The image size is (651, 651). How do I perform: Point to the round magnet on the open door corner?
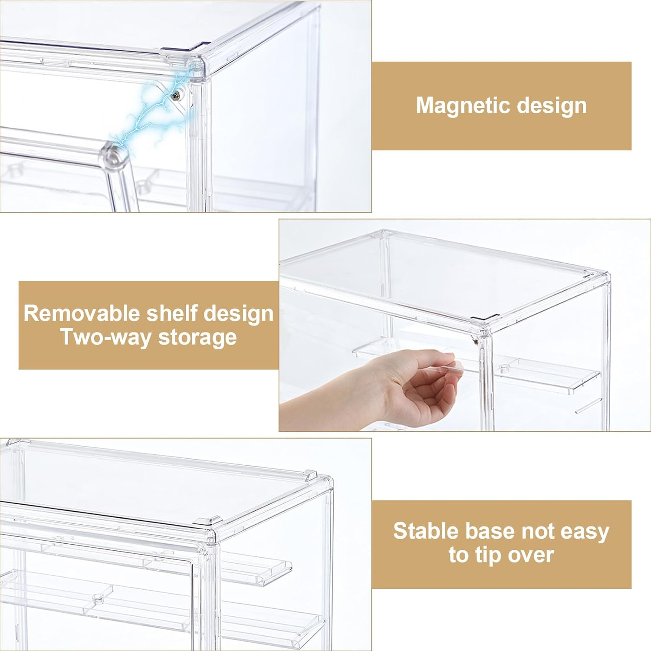115,155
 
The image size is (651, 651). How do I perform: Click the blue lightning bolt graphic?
148,113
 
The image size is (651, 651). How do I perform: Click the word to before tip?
458,555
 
